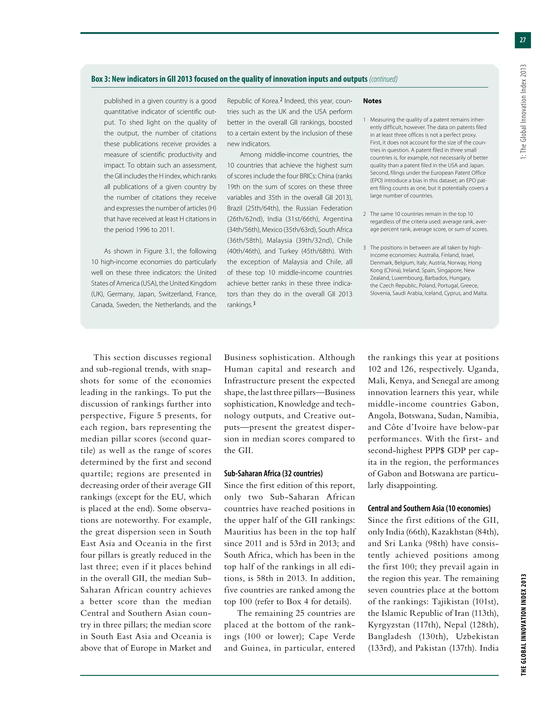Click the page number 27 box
[x=522, y=40]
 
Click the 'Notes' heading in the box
[x=372, y=101]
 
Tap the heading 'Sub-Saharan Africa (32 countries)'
[x=273, y=473]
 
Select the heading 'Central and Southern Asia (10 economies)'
[x=429, y=508]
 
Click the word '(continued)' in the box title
[x=383, y=79]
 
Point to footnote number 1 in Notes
[x=365, y=120]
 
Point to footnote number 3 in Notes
[x=365, y=248]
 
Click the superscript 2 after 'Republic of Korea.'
[x=281, y=99]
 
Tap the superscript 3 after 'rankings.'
[x=254, y=304]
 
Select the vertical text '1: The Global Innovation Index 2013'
[x=523, y=112]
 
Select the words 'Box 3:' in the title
[x=100, y=79]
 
